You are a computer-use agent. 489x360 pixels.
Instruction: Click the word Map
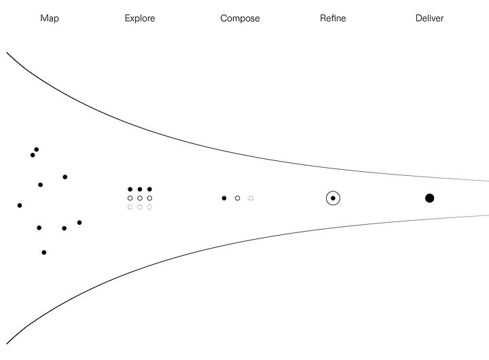pyautogui.click(x=50, y=18)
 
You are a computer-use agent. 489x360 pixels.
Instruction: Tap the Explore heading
pyautogui.click(x=140, y=18)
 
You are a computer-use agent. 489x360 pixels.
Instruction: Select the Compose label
pyautogui.click(x=240, y=18)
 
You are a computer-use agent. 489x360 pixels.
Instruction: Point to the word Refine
pyautogui.click(x=333, y=18)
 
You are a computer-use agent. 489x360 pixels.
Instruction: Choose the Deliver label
pyautogui.click(x=429, y=18)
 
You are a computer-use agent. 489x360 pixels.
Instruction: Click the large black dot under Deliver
pyautogui.click(x=429, y=198)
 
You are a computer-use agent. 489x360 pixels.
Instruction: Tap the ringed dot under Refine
pyautogui.click(x=333, y=198)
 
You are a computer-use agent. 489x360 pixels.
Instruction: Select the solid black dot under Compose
pyautogui.click(x=224, y=198)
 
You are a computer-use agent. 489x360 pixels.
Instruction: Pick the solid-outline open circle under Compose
pyautogui.click(x=237, y=198)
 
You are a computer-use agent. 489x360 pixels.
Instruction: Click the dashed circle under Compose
pyautogui.click(x=251, y=198)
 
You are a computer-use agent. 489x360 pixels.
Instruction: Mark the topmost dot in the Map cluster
pyautogui.click(x=37, y=149)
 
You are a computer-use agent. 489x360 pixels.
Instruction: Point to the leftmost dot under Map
pyautogui.click(x=20, y=205)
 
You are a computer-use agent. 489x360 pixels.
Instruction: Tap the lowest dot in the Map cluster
pyautogui.click(x=44, y=252)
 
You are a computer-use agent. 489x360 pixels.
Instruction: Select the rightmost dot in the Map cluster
pyautogui.click(x=79, y=222)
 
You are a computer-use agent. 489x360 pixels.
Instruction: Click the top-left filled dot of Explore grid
pyautogui.click(x=130, y=190)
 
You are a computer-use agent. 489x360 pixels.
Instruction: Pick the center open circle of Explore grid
pyautogui.click(x=140, y=198)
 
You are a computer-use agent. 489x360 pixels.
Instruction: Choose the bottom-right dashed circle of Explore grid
pyautogui.click(x=149, y=206)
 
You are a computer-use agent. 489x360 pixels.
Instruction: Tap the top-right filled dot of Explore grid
pyautogui.click(x=149, y=190)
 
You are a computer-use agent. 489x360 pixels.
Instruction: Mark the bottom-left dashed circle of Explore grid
pyautogui.click(x=130, y=206)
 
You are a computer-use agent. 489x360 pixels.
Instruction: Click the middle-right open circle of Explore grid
pyautogui.click(x=149, y=198)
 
